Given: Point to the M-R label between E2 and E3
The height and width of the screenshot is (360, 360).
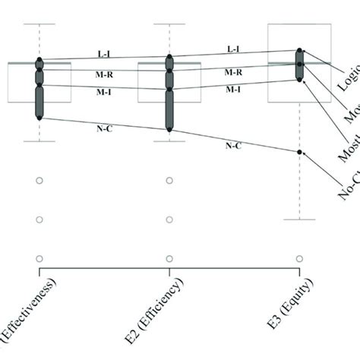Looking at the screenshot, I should click(234, 72).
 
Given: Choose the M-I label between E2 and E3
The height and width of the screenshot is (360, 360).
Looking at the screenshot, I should click(234, 90).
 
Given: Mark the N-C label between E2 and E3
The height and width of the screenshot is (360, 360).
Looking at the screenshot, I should click(233, 144).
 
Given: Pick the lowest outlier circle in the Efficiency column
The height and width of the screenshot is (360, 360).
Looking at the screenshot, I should click(169, 258).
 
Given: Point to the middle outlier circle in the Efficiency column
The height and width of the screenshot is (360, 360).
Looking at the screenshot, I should click(169, 220).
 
